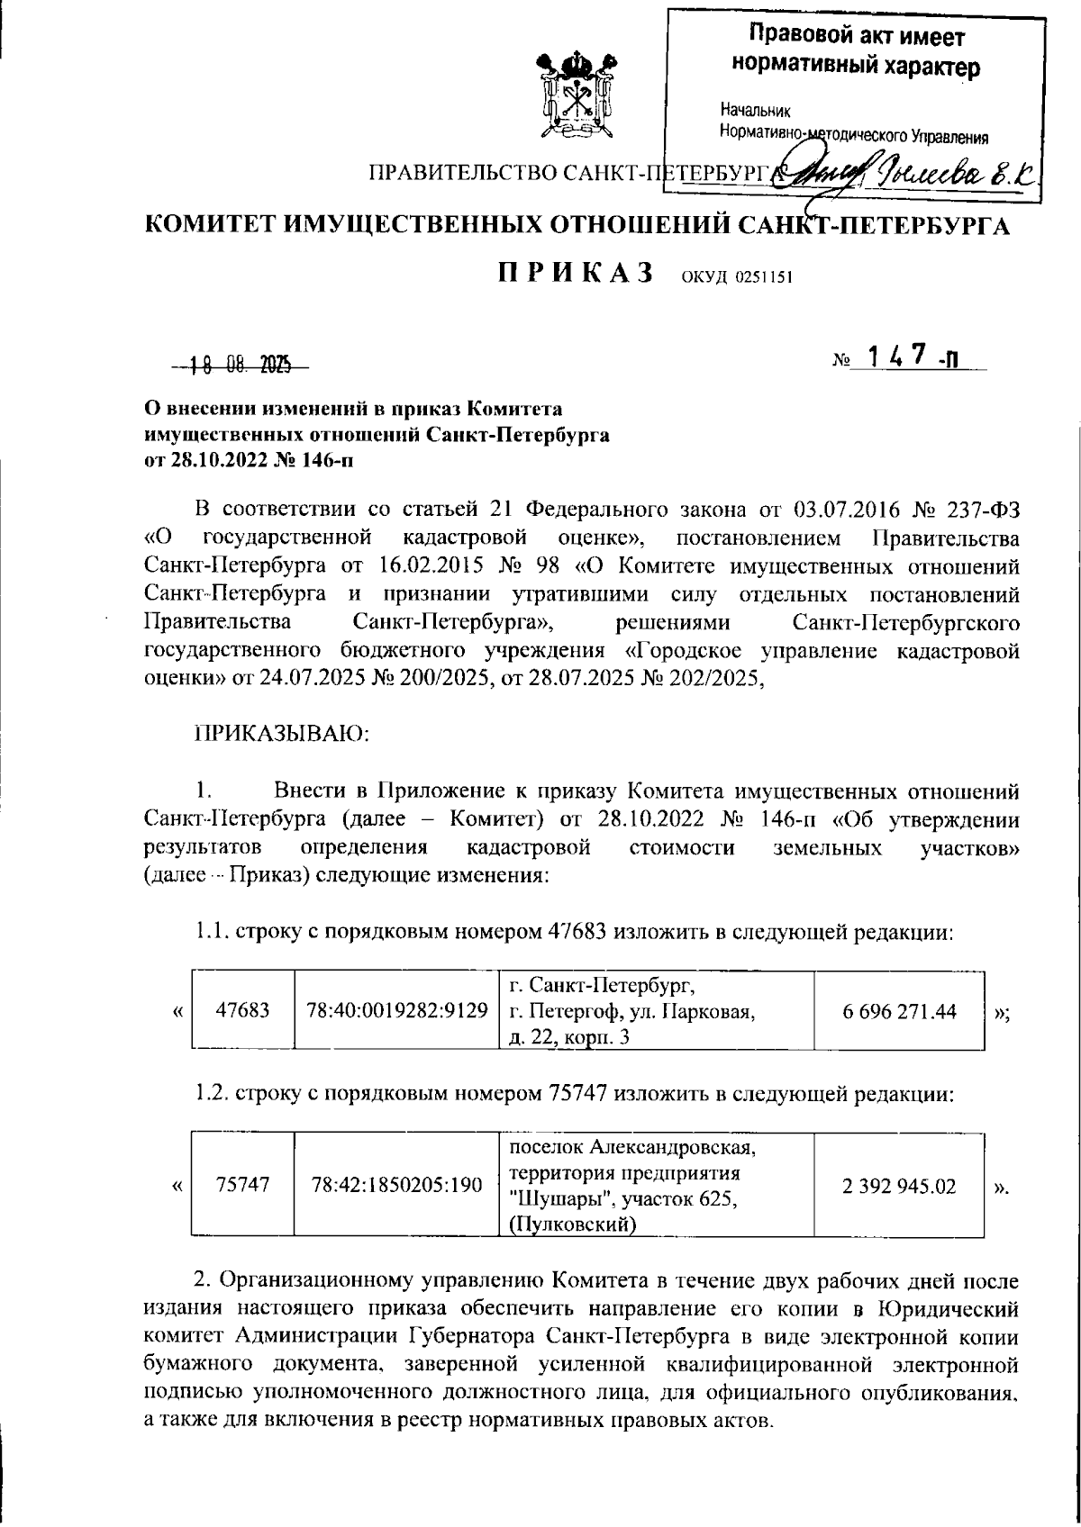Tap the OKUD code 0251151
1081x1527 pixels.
[x=737, y=276]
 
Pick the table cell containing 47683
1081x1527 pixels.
[x=243, y=1010]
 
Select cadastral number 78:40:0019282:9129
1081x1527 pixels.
[x=397, y=1010]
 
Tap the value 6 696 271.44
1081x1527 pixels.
[x=899, y=1010]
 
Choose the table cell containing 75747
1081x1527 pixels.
[x=243, y=1185]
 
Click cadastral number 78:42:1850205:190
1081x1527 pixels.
[x=397, y=1185]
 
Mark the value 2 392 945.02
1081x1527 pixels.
[x=899, y=1185]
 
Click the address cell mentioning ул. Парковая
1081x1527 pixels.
[x=632, y=1010]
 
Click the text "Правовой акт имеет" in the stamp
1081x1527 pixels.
[x=857, y=37]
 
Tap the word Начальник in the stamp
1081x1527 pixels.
[x=755, y=112]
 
